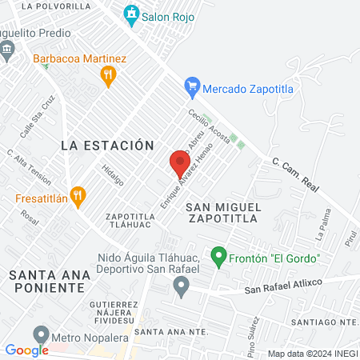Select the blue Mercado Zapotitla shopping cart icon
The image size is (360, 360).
pyautogui.click(x=191, y=86)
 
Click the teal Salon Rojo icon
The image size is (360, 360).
pyautogui.click(x=130, y=14)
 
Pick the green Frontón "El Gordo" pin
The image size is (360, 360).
pyautogui.click(x=217, y=257)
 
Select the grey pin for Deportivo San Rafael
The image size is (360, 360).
pyautogui.click(x=182, y=286)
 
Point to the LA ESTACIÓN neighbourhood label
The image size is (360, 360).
pyautogui.click(x=107, y=146)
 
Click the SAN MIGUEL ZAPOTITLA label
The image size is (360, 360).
pyautogui.click(x=223, y=212)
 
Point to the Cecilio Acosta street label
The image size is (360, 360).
pyautogui.click(x=210, y=126)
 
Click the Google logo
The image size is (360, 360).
pyautogui.click(x=26, y=350)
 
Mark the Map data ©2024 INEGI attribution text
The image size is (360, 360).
pyautogui.click(x=312, y=354)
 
